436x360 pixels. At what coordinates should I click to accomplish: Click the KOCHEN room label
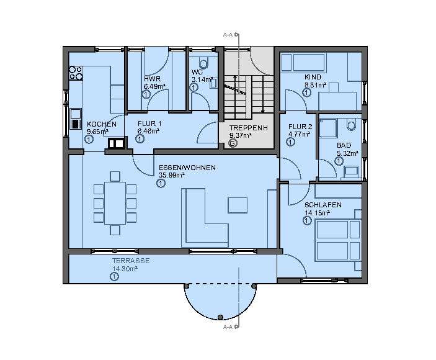click(102, 124)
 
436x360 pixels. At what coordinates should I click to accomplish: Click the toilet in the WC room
click(203, 63)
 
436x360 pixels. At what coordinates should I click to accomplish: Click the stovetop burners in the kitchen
click(76, 73)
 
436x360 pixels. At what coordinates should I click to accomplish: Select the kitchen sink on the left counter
click(76, 118)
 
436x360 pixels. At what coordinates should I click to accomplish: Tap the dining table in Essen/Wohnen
click(114, 202)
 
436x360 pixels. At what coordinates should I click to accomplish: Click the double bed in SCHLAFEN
click(338, 241)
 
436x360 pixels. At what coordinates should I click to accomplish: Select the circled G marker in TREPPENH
click(233, 143)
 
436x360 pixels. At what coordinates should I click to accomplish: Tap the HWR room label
click(152, 79)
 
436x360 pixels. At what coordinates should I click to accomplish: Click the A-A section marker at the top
click(228, 36)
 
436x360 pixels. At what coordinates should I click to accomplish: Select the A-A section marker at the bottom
click(228, 326)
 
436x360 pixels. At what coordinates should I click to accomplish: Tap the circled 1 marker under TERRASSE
click(114, 277)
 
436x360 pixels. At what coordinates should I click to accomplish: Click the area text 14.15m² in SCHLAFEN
click(316, 213)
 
